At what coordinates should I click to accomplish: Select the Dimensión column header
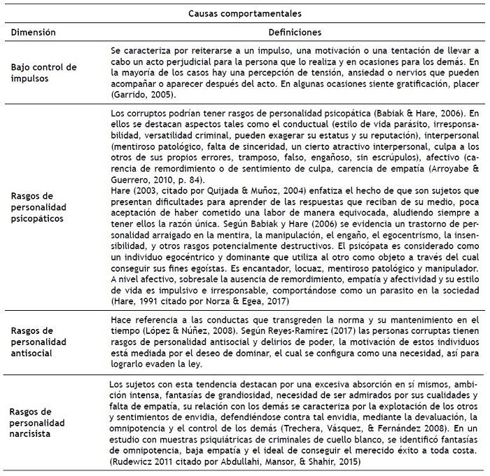coord(33,32)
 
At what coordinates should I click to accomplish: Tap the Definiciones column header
coord(294,32)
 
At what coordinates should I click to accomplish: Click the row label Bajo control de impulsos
coord(43,72)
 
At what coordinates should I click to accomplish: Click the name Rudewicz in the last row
coord(136,462)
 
